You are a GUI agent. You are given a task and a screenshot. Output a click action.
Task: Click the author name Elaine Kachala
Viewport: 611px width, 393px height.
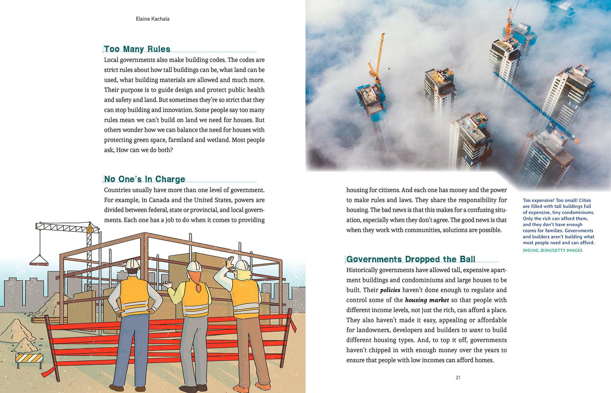152,19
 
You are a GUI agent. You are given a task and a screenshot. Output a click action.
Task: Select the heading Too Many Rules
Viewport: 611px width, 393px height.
137,49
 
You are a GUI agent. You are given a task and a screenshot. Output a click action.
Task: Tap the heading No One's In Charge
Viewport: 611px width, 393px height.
145,179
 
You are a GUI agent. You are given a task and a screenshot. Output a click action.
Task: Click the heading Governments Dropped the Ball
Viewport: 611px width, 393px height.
411,259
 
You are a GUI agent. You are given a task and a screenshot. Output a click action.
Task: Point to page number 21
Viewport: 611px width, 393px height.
458,378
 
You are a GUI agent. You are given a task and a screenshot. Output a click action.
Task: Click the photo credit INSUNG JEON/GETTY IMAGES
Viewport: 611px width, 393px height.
552,250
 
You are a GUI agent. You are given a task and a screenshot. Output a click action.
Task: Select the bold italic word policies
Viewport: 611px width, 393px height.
390,290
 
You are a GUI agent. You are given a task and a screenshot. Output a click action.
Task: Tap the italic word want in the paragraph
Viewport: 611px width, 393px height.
476,330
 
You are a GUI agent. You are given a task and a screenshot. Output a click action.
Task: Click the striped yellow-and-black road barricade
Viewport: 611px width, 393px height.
29,358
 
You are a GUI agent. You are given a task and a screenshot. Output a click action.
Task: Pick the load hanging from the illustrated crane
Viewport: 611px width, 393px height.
39,261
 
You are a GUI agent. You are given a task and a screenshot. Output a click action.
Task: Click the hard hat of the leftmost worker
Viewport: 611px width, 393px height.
132,264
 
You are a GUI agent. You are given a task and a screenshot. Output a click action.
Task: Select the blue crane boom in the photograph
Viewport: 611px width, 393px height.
535,108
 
